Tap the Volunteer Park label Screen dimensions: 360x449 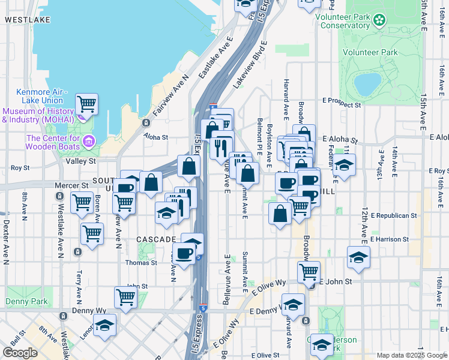click(x=370, y=53)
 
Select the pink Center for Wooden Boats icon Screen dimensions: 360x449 click(x=89, y=142)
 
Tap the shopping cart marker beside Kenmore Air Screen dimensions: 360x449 click(x=86, y=104)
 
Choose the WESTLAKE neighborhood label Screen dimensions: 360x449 click(x=27, y=20)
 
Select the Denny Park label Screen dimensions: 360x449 click(x=26, y=301)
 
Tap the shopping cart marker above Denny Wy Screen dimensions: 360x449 click(x=125, y=296)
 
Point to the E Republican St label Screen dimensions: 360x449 click(x=394, y=215)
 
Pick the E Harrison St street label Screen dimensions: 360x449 click(x=390, y=239)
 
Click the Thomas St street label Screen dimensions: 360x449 click(x=141, y=263)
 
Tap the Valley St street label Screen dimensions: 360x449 click(x=81, y=161)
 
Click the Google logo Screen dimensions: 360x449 click(x=20, y=353)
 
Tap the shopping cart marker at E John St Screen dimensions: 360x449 click(x=309, y=272)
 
